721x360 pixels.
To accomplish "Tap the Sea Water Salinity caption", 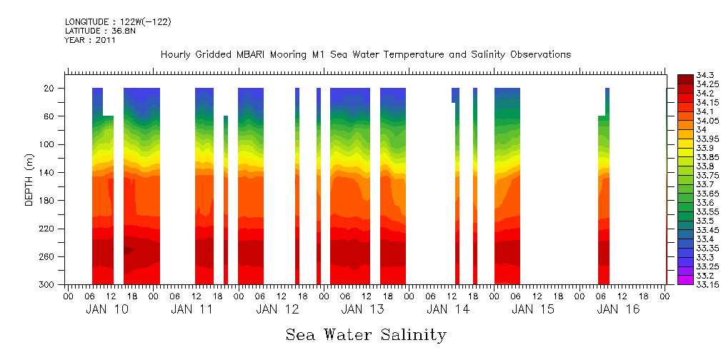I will [366, 334].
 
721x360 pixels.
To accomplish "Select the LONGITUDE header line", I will [118, 22].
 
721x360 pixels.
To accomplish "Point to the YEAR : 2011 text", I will [90, 40].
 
